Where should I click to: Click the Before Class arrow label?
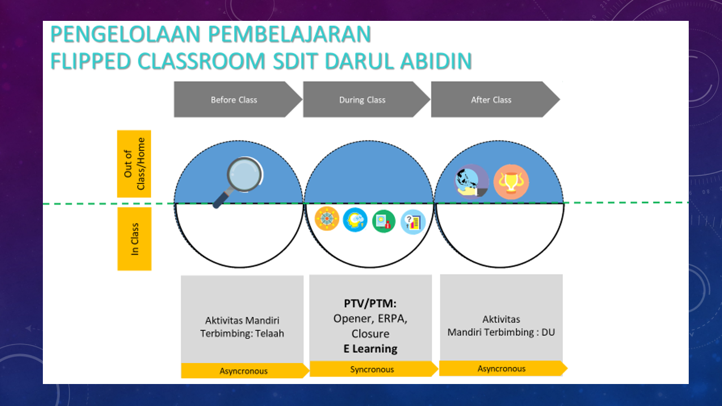coord(234,100)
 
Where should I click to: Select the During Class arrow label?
coord(362,100)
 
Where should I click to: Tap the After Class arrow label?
coord(491,100)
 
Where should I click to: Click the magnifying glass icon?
coord(239,182)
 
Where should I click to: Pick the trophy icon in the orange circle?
coord(511,182)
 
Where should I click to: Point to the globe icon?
coord(471,182)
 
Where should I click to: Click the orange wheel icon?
coord(327,219)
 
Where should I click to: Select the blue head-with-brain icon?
coord(355,220)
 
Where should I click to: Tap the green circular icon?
coord(384,222)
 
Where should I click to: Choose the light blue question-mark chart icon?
coord(413,222)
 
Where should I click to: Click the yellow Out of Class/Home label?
coord(134,164)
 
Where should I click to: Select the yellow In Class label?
coord(134,239)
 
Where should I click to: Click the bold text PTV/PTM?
coord(370,303)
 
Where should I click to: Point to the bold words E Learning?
coord(371,348)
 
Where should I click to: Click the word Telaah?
coord(270,333)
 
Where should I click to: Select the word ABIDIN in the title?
coord(436,61)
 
